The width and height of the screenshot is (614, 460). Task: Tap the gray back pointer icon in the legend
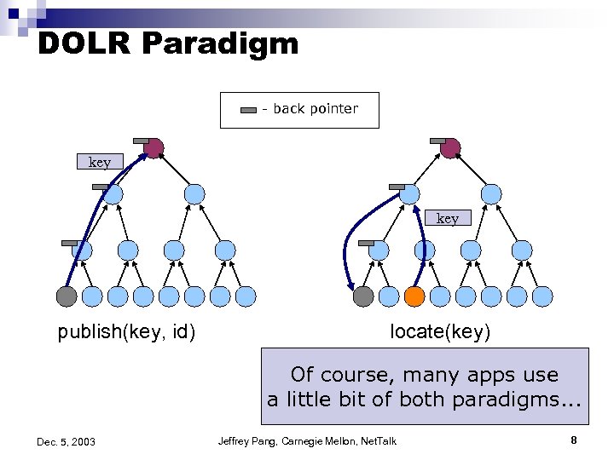(248, 110)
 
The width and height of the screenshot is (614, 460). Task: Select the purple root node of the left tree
(153, 149)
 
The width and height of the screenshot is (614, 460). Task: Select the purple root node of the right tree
(450, 149)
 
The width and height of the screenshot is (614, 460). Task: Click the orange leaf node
(414, 296)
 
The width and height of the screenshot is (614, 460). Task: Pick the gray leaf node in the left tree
(67, 296)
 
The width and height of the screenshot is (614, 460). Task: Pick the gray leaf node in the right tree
(363, 296)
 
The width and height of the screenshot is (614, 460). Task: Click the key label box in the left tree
(100, 162)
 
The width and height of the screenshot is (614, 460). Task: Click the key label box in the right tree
(448, 218)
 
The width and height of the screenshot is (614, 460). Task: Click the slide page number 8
(574, 440)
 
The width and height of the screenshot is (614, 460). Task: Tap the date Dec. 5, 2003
(66, 441)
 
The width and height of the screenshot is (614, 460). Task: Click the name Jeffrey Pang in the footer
(250, 440)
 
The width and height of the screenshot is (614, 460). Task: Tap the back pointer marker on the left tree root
(141, 141)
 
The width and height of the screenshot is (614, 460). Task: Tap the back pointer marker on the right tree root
(437, 141)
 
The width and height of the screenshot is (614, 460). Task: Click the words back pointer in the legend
(316, 109)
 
